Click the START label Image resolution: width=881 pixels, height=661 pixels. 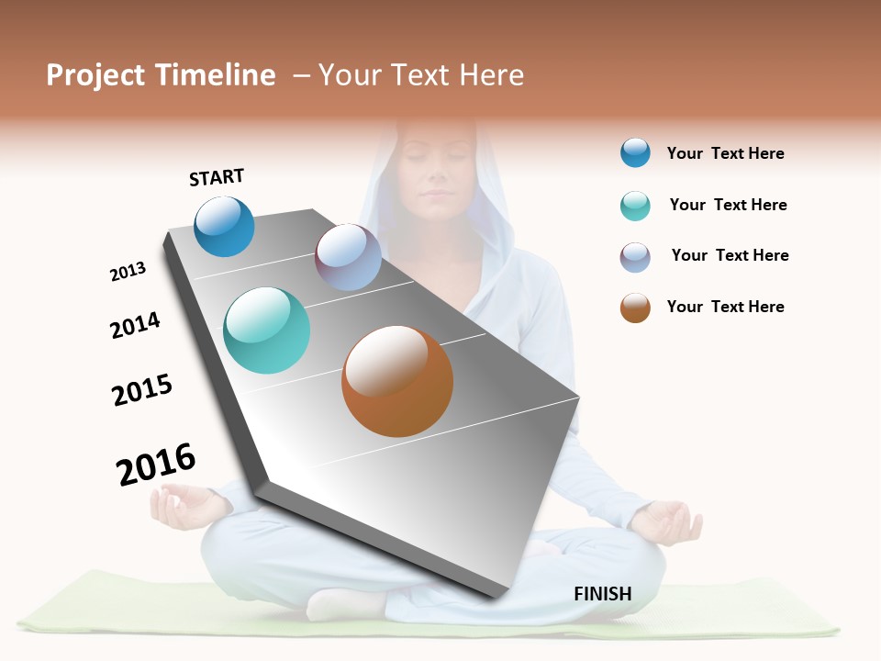[x=217, y=177]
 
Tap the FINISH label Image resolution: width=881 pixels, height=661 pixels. [x=602, y=594]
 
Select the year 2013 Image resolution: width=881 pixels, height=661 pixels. [x=128, y=271]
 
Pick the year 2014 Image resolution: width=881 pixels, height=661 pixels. [x=135, y=325]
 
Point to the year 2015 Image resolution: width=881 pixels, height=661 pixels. [x=142, y=390]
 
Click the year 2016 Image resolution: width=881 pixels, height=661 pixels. [x=156, y=465]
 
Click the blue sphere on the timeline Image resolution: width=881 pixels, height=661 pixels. [x=224, y=227]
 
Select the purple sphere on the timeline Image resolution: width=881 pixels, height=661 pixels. [x=348, y=257]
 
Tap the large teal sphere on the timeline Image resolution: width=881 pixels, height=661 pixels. [x=267, y=330]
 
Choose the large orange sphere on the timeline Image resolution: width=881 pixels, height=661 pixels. [x=397, y=381]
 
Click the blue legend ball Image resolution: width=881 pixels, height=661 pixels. [x=635, y=152]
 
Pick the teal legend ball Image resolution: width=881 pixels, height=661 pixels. [x=635, y=206]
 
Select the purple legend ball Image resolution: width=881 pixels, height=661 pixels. [x=635, y=257]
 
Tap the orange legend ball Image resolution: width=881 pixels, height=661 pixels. [x=635, y=308]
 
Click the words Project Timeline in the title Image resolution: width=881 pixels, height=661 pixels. [x=161, y=75]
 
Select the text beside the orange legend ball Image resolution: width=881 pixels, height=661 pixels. [x=725, y=307]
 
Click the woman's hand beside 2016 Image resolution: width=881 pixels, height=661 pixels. [x=184, y=507]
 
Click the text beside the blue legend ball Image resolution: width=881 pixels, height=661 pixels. [x=725, y=153]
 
